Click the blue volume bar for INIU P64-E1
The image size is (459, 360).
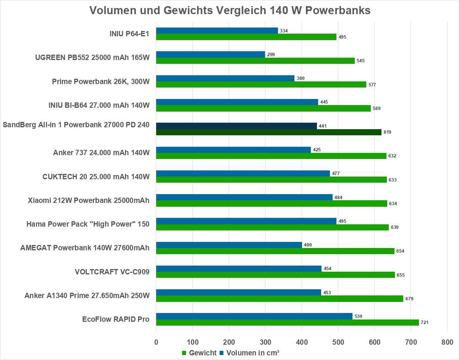point(217,31)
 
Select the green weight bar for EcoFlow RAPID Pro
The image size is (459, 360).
point(287,322)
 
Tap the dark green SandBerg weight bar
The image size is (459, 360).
point(269,132)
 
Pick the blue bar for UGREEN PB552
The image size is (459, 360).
point(210,55)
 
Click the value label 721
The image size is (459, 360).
point(424,323)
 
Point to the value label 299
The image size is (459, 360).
point(271,55)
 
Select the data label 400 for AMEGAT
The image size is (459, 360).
point(308,245)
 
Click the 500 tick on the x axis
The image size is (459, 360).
point(338,342)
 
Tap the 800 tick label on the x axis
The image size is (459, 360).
point(447,342)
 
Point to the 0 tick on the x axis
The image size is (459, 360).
point(156,342)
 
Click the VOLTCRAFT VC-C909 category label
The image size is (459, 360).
point(112,272)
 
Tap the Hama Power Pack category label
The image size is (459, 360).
point(88,224)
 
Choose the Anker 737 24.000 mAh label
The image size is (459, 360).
point(101,153)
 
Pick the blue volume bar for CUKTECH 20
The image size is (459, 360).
point(243,174)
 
